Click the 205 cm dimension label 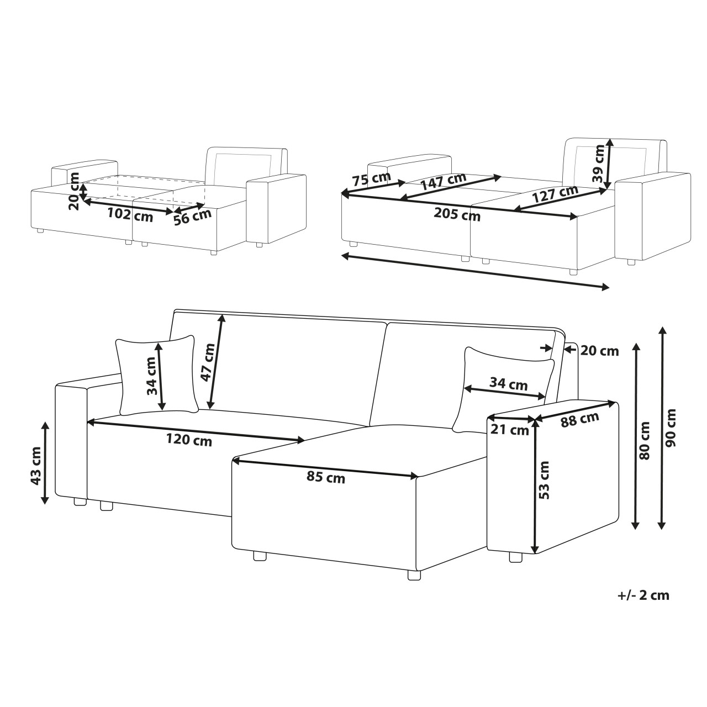tap(457, 214)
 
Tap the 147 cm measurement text tap(443, 181)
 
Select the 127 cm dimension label tap(555, 194)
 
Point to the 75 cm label tap(371, 179)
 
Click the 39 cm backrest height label tap(598, 164)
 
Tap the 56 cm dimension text tap(193, 217)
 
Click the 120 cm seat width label tap(189, 440)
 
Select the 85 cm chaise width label tap(326, 477)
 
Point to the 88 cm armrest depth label tap(580, 419)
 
